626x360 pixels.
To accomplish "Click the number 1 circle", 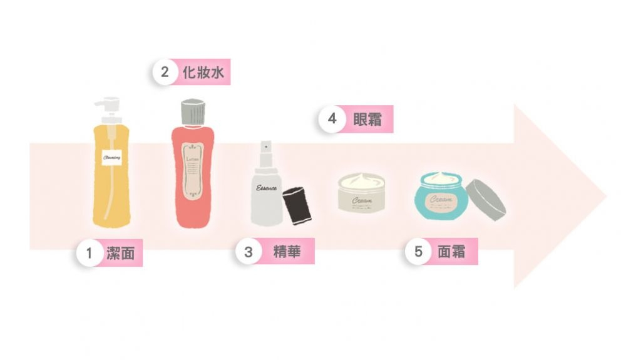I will pos(90,254).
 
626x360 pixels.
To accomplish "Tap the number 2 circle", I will pos(165,73).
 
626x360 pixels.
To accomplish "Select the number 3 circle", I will pos(249,252).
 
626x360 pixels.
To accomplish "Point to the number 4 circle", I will pos(332,119).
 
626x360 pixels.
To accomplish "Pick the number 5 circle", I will pos(418,252).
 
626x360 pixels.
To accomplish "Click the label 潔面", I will pos(121,254).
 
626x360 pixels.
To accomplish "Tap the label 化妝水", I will pos(203,73).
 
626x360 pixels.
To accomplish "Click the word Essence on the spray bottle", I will pos(266,188).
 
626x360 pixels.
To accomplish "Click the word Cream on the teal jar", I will pos(439,199).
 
